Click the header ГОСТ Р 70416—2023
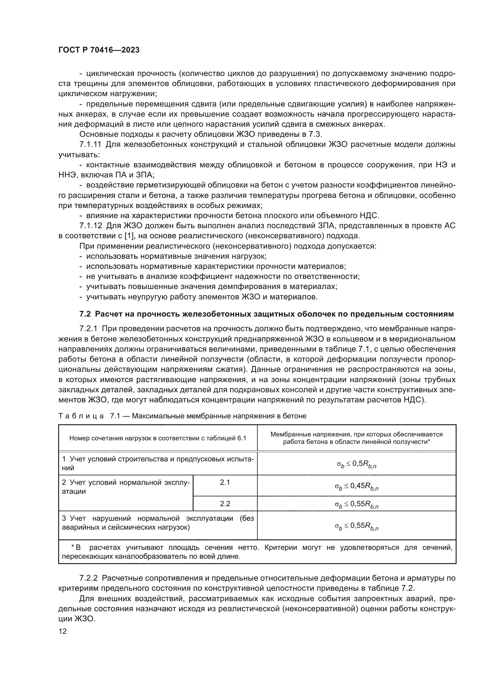pos(99,50)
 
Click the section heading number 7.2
pos(85,314)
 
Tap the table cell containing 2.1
pos(225,482)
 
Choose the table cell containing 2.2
pos(225,504)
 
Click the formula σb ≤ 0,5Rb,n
pos(357,464)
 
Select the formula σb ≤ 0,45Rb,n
pos(357,486)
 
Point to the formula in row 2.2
pos(357,504)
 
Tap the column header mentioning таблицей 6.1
pos(158,438)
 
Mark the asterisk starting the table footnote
pos(72,547)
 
